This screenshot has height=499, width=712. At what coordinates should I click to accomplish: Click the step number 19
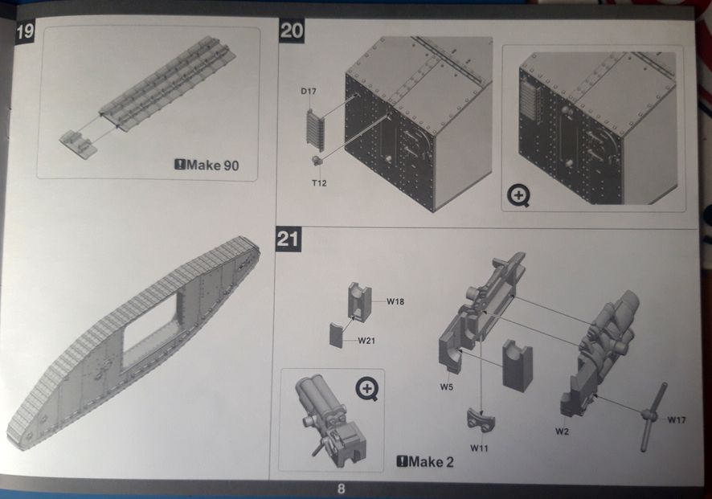point(25,31)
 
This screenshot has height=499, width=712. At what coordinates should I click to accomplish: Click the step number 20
point(292,31)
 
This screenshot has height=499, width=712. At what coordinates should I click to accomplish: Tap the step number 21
point(288,239)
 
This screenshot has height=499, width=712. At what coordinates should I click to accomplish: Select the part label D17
point(309,92)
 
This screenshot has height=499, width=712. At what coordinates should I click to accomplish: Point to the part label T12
point(319,183)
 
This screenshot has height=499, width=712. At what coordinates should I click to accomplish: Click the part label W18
point(395,301)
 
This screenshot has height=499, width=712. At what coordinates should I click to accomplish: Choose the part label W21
point(366,341)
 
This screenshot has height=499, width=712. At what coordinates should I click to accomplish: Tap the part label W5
point(446,387)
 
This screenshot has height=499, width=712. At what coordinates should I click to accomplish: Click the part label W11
point(479,448)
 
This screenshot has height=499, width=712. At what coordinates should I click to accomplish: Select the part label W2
point(562,431)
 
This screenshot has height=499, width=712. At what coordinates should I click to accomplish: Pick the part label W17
point(677,419)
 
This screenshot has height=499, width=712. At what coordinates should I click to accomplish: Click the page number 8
point(341,489)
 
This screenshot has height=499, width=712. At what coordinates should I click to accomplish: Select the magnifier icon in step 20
point(518,196)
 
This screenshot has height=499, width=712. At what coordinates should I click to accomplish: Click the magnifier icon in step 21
point(367,390)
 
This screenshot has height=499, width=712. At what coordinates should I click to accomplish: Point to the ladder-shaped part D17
point(315,130)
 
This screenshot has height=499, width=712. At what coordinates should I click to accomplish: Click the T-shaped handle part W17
point(653,416)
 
